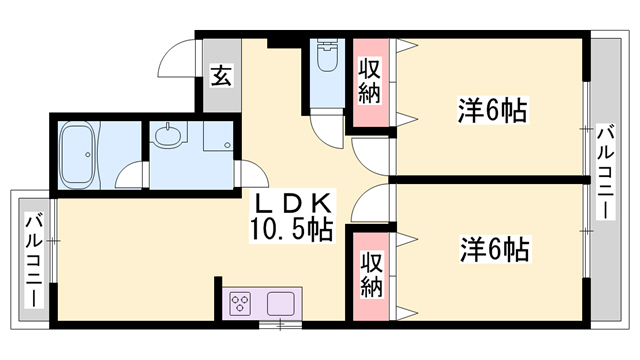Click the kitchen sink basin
point(279,302)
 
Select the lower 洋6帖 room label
point(494,247)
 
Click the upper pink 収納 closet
point(370,83)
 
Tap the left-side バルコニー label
point(33,260)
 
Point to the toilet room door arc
point(327,124)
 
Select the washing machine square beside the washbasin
point(215,139)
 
